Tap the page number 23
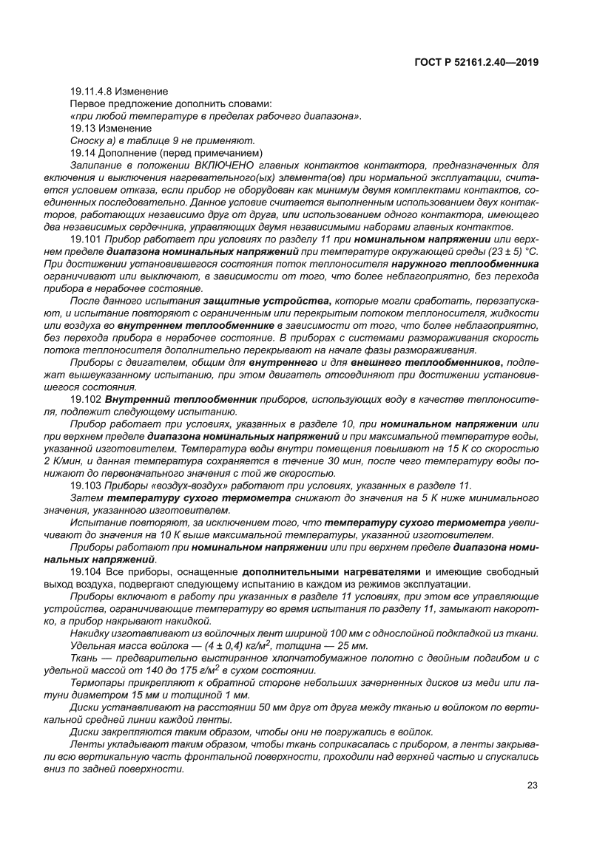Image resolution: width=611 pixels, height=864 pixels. pos(531,785)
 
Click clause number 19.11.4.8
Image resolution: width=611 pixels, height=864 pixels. pos(92,91)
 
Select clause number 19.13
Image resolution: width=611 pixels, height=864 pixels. pos(81,128)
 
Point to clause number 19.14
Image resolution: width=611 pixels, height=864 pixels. pos(81,152)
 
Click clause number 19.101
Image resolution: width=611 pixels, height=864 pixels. pos(84,240)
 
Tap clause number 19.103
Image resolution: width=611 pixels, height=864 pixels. pos(84,484)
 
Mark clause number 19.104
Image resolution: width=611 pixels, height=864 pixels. pos(84,572)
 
